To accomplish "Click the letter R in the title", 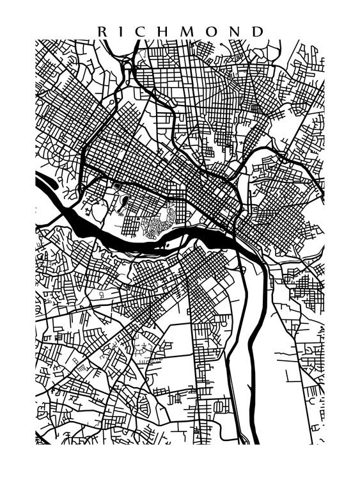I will click(102, 31).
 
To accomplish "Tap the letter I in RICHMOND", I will click(121, 31).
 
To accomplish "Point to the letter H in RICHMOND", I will click(164, 31).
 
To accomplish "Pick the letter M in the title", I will click(188, 31).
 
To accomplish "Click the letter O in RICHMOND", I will click(213, 31).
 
